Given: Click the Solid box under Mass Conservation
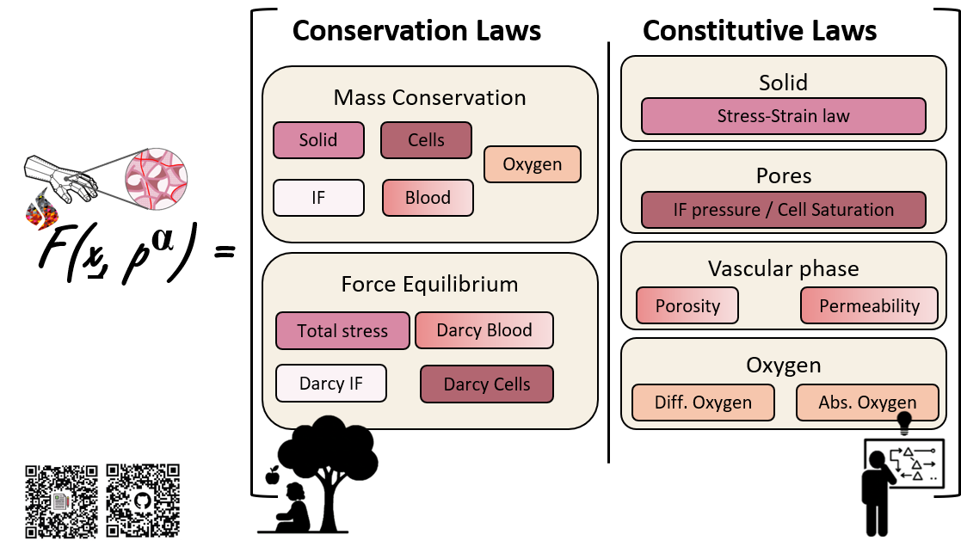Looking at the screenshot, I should point(318,140).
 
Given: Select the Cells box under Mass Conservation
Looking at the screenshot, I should point(426,140).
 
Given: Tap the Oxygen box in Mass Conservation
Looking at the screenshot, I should point(533,164).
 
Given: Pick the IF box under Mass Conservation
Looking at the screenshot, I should point(318,197).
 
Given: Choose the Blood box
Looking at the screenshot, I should point(428,197).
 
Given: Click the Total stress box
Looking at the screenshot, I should point(342,330).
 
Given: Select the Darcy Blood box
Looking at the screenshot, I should point(484,330).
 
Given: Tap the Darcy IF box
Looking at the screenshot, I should point(331,384).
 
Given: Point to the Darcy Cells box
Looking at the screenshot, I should point(486,384).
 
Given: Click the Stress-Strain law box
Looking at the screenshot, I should point(783,116).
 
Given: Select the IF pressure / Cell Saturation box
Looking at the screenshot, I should point(783,210).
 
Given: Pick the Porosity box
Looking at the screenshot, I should point(687,305).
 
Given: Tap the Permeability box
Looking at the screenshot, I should point(869,305).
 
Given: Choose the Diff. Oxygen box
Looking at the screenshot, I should point(703,403).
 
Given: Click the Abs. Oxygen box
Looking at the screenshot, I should point(867,403).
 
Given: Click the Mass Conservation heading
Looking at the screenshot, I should point(429,97).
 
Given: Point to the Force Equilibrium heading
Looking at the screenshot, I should point(429,284).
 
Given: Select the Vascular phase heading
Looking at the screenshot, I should point(783,268).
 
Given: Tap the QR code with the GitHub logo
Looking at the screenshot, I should point(143,501).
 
